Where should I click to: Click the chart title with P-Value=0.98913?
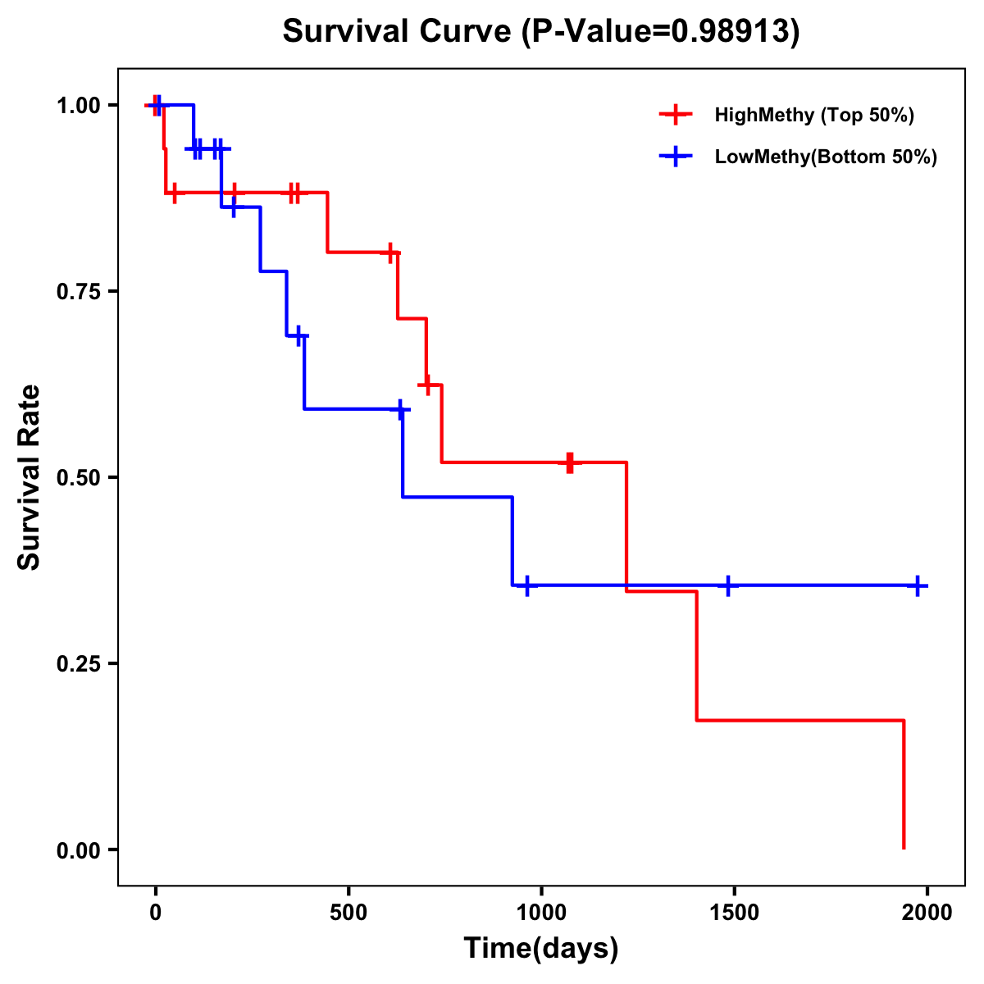click(x=540, y=32)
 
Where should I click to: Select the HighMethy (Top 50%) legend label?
click(x=813, y=115)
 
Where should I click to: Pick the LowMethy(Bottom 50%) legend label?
click(x=826, y=157)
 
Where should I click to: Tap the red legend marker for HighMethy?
click(x=676, y=115)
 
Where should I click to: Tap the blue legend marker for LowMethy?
click(x=676, y=157)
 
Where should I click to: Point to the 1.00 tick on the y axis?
click(x=78, y=106)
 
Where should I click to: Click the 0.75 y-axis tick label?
click(x=78, y=292)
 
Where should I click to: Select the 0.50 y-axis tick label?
click(x=78, y=478)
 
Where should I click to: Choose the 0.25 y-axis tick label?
click(x=78, y=664)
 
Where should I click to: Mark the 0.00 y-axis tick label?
click(x=78, y=850)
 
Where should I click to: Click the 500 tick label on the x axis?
click(x=348, y=913)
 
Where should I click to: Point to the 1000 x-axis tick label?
click(x=541, y=913)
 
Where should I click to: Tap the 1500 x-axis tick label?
click(x=734, y=913)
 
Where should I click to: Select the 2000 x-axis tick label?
click(x=927, y=913)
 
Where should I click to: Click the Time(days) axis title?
click(x=541, y=949)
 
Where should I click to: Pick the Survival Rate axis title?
click(x=30, y=477)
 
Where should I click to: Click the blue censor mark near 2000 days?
click(x=918, y=585)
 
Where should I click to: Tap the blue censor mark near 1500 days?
click(x=727, y=585)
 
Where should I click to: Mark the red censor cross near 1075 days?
click(x=570, y=462)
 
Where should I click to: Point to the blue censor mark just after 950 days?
click(x=526, y=585)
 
